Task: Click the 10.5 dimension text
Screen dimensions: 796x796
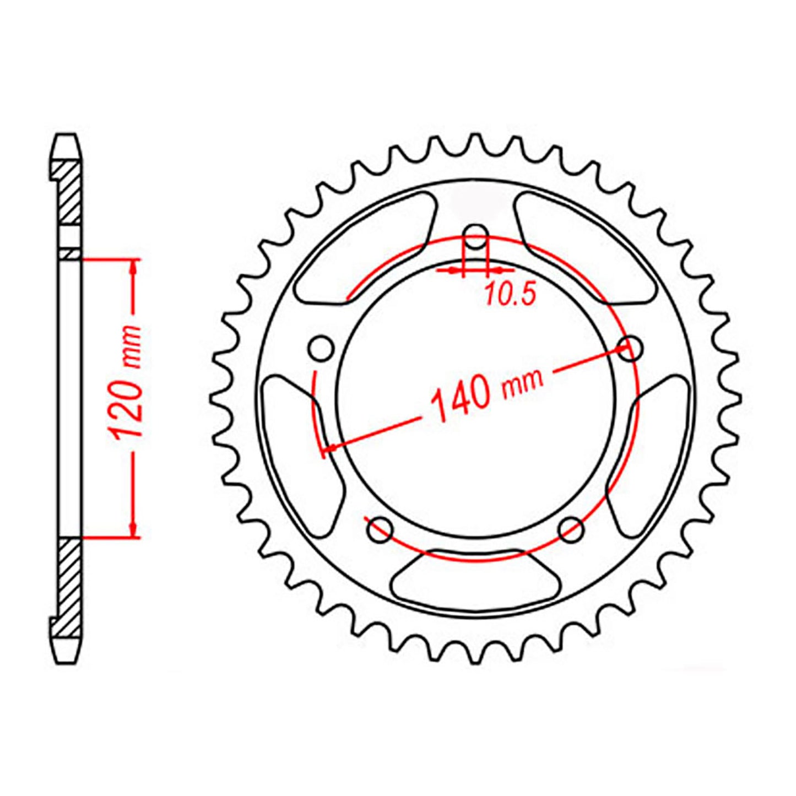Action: [510, 296]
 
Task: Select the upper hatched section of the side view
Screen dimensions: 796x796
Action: [69, 192]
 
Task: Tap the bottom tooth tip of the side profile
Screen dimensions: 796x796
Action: [67, 659]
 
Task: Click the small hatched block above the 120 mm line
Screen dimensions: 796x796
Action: [70, 253]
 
